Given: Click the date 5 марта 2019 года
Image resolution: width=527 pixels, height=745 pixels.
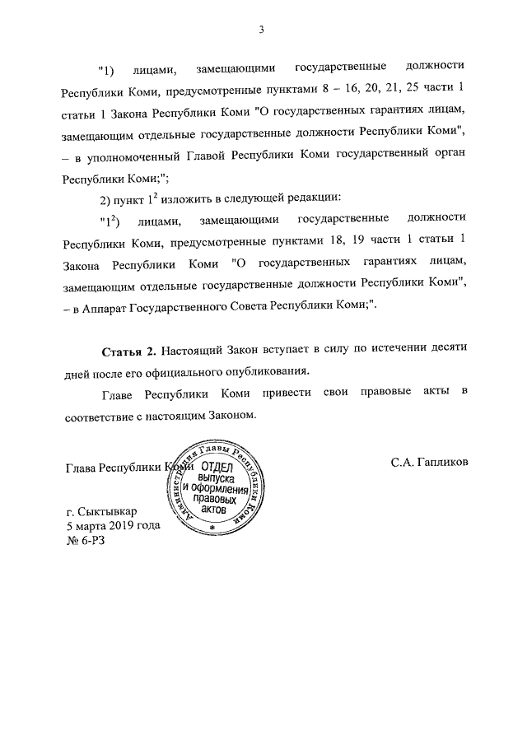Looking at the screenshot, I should (x=113, y=525).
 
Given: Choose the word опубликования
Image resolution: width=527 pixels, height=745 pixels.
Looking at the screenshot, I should (x=265, y=370).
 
